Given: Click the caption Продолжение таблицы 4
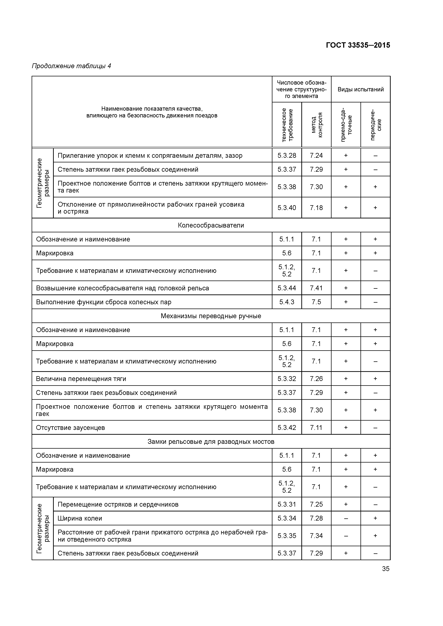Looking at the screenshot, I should (71, 66).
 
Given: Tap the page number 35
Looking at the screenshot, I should (386, 569).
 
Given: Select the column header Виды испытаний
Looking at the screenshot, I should (361, 89).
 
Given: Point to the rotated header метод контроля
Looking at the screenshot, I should (316, 125).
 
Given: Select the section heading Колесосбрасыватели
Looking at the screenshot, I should (211, 225).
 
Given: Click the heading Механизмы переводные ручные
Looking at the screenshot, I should (211, 316).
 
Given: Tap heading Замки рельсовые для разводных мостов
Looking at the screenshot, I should (211, 441).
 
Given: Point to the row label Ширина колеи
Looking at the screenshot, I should (80, 518).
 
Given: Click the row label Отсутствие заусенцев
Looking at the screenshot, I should (70, 428).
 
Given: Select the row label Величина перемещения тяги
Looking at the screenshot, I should (81, 379).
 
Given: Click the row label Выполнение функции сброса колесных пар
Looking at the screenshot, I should (104, 302).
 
